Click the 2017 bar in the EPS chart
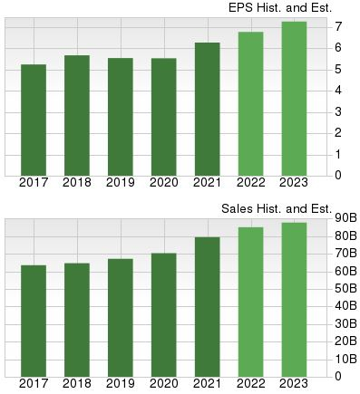(x=34, y=120)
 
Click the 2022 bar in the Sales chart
(x=251, y=301)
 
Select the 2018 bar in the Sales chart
(x=77, y=319)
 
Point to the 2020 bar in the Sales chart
(x=164, y=313)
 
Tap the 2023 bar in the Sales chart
(x=295, y=299)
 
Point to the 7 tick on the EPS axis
(x=337, y=26)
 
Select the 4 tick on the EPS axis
(x=337, y=90)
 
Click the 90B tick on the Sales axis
(x=345, y=217)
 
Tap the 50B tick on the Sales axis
(x=345, y=288)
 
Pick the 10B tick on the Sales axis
(x=345, y=358)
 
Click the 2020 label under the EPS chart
(x=164, y=182)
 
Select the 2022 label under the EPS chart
(x=251, y=182)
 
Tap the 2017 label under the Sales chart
(x=34, y=383)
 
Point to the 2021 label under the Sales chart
(x=208, y=383)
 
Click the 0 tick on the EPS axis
(x=337, y=175)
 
